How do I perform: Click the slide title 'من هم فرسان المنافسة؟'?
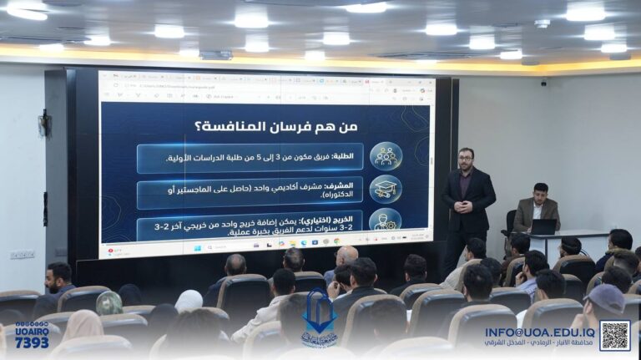265,127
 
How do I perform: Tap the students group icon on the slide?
386,156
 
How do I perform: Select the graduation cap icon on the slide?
386,190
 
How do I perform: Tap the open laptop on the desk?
543,226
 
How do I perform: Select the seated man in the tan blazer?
536,209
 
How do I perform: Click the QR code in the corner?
614,335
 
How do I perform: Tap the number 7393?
32,342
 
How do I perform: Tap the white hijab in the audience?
189,300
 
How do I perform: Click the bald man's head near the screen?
346,254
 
